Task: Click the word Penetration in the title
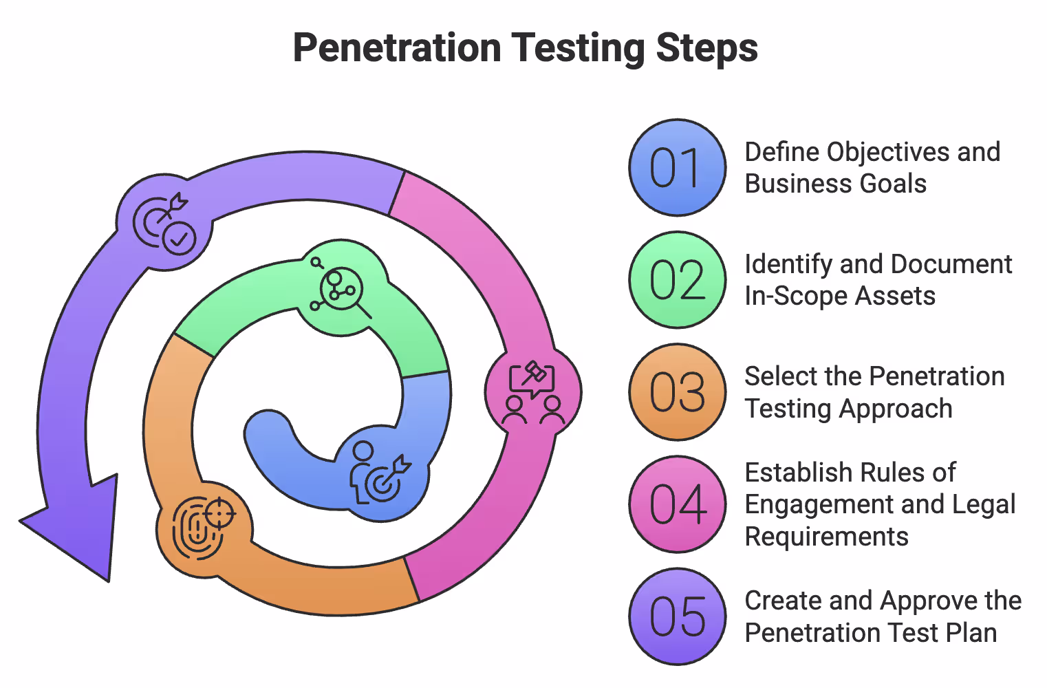click(x=397, y=48)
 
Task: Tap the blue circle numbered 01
click(x=677, y=168)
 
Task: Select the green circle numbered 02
click(x=677, y=280)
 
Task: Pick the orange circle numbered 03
click(x=677, y=392)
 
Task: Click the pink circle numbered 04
click(x=677, y=504)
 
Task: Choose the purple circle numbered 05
click(x=677, y=616)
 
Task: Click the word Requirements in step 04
click(x=826, y=537)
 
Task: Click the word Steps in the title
click(x=706, y=48)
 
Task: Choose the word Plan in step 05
click(x=971, y=633)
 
